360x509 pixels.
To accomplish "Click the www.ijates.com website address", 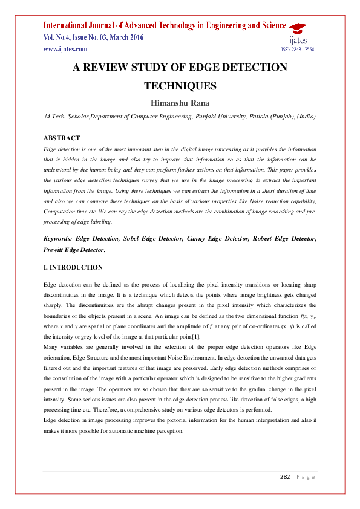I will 62,49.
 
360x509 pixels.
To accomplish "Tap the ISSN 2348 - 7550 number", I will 296,50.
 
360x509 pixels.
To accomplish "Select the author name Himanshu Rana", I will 180,103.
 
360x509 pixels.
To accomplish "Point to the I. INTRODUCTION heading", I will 73,267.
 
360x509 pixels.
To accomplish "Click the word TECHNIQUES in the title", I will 180,86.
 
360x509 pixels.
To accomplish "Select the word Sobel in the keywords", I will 133,239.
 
